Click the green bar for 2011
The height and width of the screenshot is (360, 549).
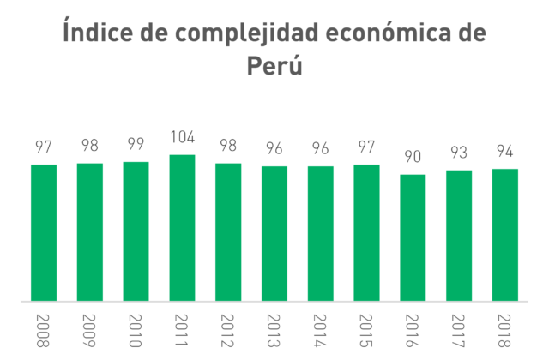(x=182, y=228)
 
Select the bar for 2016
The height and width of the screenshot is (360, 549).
(x=413, y=237)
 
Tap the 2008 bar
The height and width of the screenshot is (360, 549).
(x=44, y=232)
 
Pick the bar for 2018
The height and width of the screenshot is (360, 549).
(x=505, y=235)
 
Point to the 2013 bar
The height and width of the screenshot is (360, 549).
(x=274, y=233)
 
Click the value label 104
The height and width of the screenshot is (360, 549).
(x=183, y=137)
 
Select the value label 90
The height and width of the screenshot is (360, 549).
(x=413, y=157)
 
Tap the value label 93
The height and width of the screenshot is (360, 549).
(x=459, y=153)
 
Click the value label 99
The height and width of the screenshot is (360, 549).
(x=136, y=144)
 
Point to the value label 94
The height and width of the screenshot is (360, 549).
(x=505, y=151)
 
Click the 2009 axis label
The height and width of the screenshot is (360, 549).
(x=89, y=331)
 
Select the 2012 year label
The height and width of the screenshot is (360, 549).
(x=227, y=331)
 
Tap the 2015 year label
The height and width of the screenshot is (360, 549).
(x=366, y=331)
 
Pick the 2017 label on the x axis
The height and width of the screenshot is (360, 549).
(x=458, y=331)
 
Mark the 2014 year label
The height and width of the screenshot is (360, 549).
(x=320, y=331)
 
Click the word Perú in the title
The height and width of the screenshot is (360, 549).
(x=274, y=65)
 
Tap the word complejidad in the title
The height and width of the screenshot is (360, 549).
(x=247, y=33)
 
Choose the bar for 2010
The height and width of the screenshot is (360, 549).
(x=136, y=231)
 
